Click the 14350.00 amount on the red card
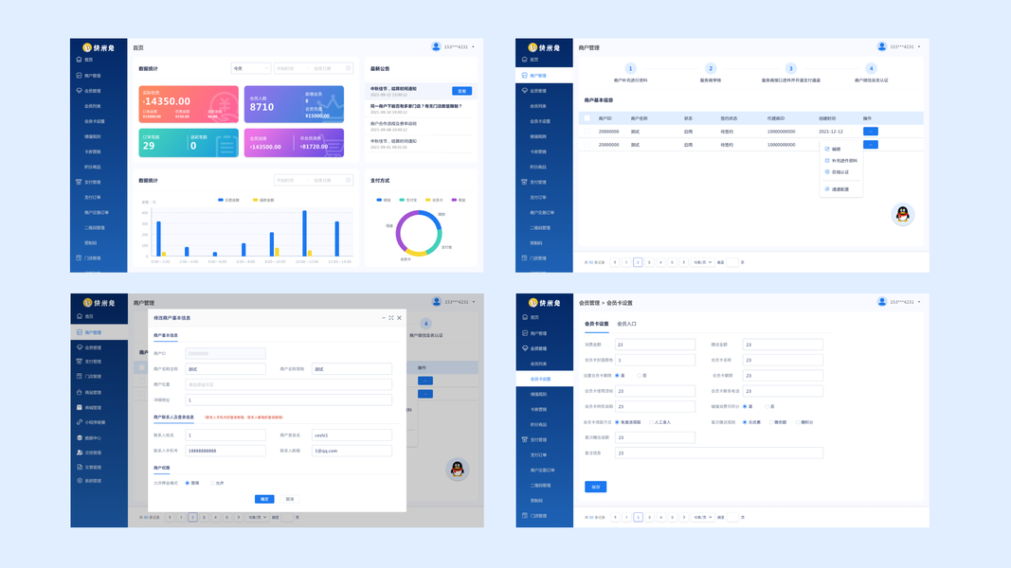click(168, 101)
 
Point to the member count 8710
click(262, 107)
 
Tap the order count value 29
click(149, 146)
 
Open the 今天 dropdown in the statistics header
click(250, 68)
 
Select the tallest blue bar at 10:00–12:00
click(304, 233)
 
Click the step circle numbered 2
click(711, 68)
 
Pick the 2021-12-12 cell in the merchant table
click(831, 132)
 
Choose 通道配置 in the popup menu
click(839, 189)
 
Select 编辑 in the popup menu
click(836, 149)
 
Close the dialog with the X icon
click(399, 318)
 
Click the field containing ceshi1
click(352, 435)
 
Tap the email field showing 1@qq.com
click(352, 451)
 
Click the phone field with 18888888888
click(226, 451)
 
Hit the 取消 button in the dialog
click(290, 499)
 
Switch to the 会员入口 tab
click(626, 324)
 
